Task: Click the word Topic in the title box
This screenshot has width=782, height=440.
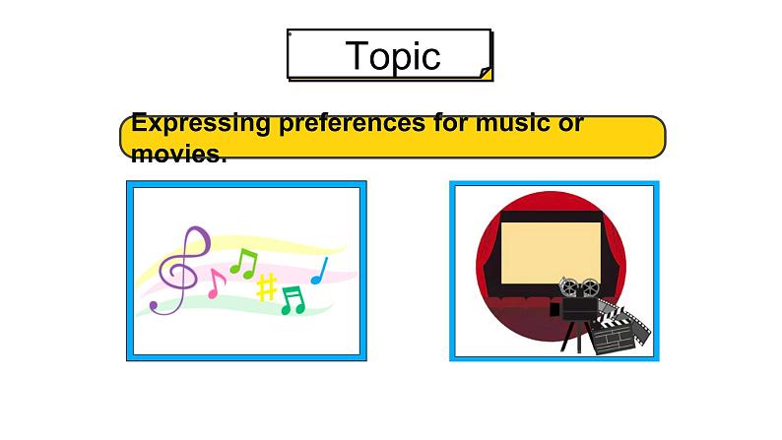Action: pyautogui.click(x=393, y=56)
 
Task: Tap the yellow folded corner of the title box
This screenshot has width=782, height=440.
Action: pyautogui.click(x=487, y=73)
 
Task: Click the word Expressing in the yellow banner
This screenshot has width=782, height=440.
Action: pyautogui.click(x=200, y=124)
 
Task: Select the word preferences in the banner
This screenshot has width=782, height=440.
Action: pyautogui.click(x=352, y=124)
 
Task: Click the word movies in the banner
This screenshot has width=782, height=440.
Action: pyautogui.click(x=178, y=155)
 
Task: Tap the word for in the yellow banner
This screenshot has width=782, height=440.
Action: pyautogui.click(x=450, y=123)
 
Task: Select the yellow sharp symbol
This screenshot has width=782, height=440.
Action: pyautogui.click(x=266, y=287)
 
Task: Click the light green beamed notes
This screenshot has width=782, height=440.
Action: pyautogui.click(x=244, y=264)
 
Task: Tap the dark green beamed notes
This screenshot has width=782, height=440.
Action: pyautogui.click(x=293, y=300)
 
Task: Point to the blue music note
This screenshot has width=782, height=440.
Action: pyautogui.click(x=320, y=271)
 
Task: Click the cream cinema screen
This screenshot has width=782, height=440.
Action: pyautogui.click(x=551, y=253)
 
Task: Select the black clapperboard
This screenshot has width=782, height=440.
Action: pyautogui.click(x=611, y=334)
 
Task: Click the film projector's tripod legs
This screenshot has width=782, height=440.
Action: pyautogui.click(x=572, y=337)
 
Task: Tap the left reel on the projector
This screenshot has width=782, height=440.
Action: pyautogui.click(x=567, y=286)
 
